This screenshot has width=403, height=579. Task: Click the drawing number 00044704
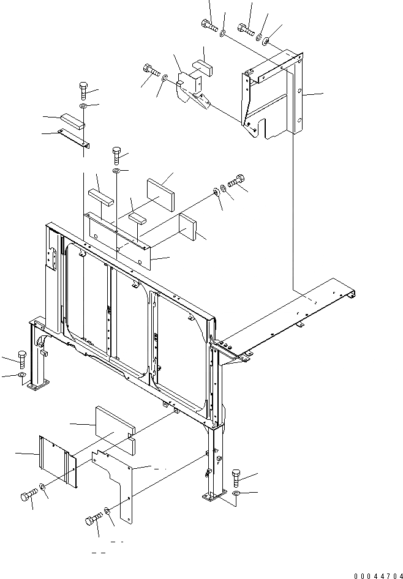(377, 575)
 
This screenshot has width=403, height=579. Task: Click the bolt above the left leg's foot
(23, 359)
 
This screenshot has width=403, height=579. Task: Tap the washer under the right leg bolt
(237, 493)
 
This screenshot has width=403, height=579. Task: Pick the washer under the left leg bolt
(22, 375)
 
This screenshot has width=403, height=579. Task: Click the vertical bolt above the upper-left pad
(83, 91)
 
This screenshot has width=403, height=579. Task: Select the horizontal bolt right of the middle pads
(236, 182)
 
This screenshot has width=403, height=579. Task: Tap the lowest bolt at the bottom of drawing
(92, 521)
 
